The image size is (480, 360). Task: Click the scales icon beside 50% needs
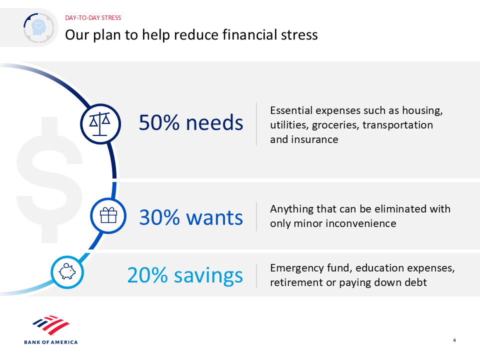(100, 124)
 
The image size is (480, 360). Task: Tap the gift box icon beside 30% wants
(108, 215)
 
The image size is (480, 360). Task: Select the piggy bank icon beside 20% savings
(67, 271)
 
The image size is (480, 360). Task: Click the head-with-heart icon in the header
(38, 27)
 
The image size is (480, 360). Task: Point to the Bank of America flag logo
(51, 325)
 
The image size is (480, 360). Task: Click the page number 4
(454, 340)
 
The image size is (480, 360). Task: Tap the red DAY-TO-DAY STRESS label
(93, 18)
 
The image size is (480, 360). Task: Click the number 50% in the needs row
(159, 122)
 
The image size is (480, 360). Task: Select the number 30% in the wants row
(159, 217)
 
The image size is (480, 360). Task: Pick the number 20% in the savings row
(147, 275)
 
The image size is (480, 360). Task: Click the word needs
(214, 122)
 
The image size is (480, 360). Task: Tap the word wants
(214, 218)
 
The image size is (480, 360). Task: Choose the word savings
(208, 276)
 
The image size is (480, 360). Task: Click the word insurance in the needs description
(314, 139)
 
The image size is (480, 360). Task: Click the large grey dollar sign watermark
(49, 180)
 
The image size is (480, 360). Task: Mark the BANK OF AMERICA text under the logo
(51, 342)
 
